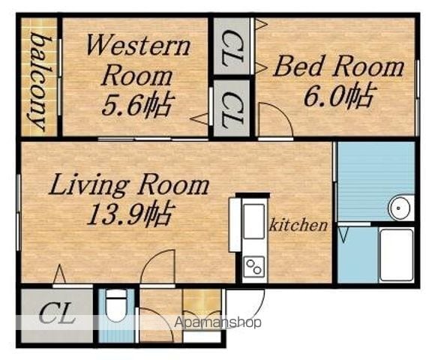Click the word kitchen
tap(298, 224)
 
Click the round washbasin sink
tap(399, 208)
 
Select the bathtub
tap(396, 255)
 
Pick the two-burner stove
tap(253, 266)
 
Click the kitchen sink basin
tap(253, 221)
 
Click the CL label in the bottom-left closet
tap(57, 313)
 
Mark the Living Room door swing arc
tap(150, 260)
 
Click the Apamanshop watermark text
tap(217, 322)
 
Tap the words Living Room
tap(129, 184)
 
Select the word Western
tap(138, 45)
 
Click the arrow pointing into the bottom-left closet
tap(59, 274)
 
